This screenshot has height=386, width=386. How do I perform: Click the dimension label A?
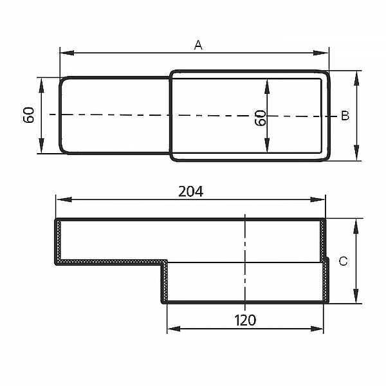point(198,44)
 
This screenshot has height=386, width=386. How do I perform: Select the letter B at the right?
point(345,116)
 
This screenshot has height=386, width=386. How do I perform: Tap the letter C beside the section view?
point(343,261)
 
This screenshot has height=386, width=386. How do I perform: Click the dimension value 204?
point(190,191)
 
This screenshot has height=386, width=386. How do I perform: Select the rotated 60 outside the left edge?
point(28,116)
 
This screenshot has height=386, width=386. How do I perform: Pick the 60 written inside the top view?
point(261,118)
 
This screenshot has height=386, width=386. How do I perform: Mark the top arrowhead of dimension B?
point(356,75)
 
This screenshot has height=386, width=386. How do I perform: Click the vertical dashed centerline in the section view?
point(245,257)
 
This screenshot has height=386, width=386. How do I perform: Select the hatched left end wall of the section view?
point(57,241)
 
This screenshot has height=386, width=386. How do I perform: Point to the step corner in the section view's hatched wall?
point(165,262)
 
